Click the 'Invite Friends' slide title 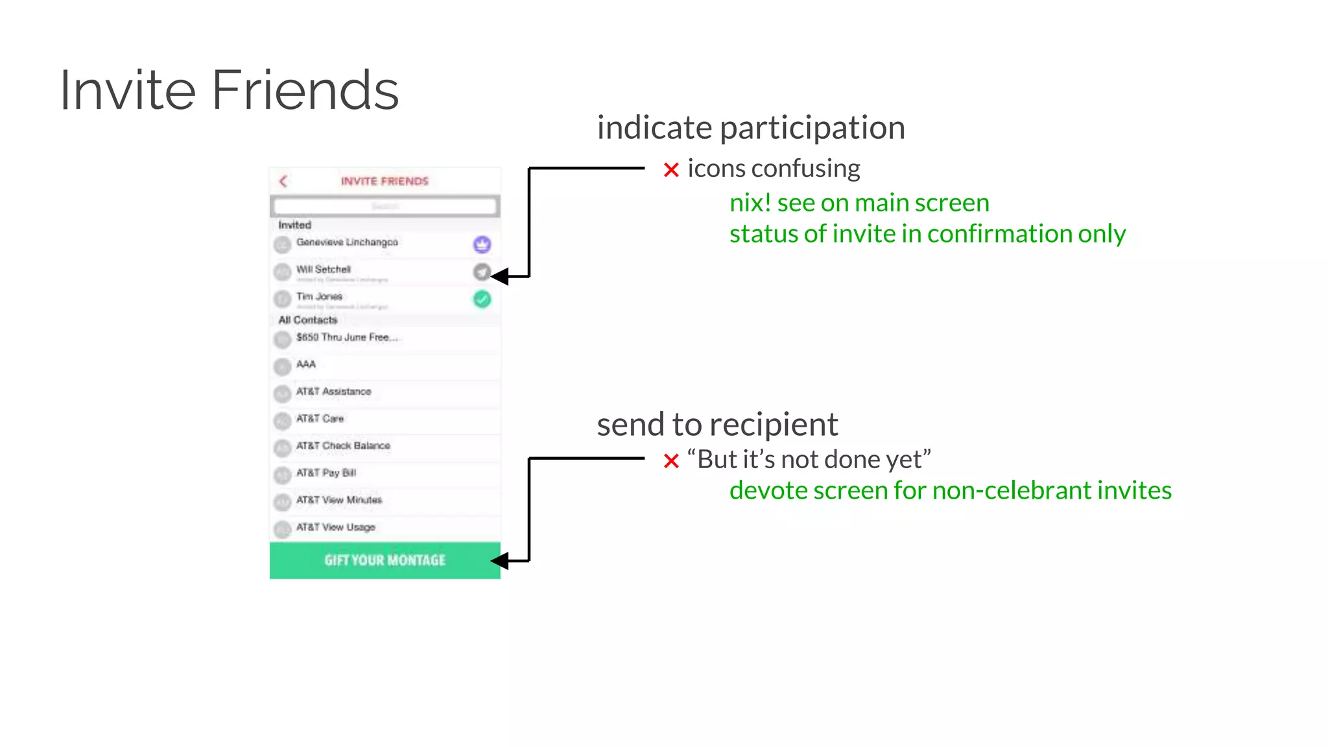tap(229, 90)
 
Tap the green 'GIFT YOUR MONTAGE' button tap(385, 560)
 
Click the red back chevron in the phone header tap(283, 181)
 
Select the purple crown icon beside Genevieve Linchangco tap(482, 244)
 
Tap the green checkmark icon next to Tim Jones tap(482, 299)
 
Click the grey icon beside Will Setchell tap(481, 272)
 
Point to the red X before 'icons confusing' tap(671, 170)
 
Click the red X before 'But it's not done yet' tap(671, 461)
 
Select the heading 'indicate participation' tap(751, 128)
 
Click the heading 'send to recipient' tap(717, 425)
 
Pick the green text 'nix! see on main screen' tap(859, 203)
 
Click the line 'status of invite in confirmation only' tap(927, 233)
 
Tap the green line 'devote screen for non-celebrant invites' tap(950, 490)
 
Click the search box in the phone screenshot tap(385, 206)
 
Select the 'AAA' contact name tap(306, 364)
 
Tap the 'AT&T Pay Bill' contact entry tap(326, 473)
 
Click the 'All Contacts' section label tap(308, 320)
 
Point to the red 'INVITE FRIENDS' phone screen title tap(385, 181)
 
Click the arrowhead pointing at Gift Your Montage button tap(499, 561)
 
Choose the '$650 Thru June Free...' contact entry tap(346, 337)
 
